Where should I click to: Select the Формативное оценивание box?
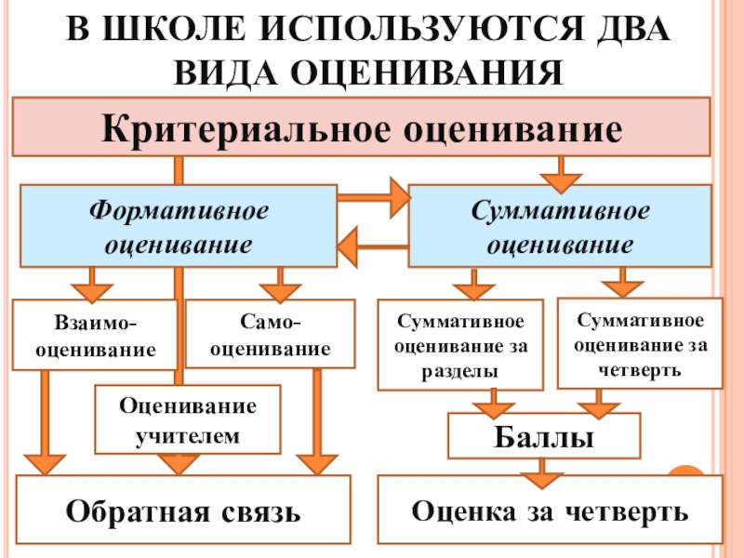click(178, 226)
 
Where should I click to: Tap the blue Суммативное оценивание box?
click(560, 226)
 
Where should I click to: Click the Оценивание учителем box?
click(188, 419)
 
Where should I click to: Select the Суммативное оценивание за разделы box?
click(460, 345)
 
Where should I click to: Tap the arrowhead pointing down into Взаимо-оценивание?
click(91, 280)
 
